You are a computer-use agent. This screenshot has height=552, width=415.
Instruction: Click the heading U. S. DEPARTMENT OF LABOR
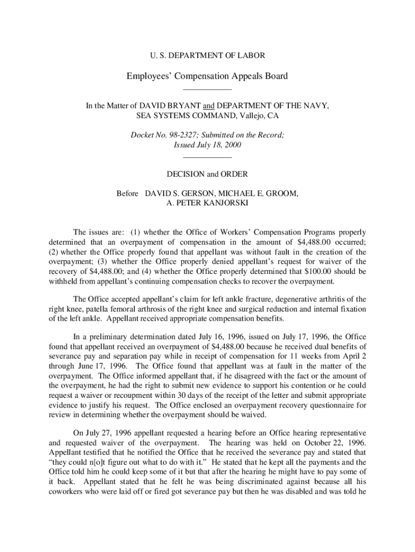[x=207, y=56]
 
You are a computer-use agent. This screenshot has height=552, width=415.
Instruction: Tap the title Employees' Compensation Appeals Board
[x=207, y=76]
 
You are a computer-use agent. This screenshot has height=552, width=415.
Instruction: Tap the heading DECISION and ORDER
[x=207, y=174]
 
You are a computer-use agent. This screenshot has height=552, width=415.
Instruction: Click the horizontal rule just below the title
[x=207, y=89]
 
